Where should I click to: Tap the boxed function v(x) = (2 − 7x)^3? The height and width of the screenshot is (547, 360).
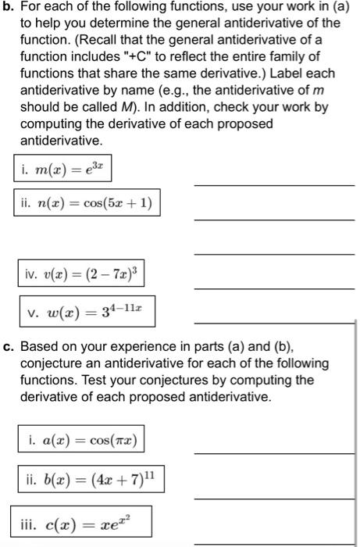(x=80, y=276)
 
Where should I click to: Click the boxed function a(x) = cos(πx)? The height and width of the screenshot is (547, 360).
(x=80, y=441)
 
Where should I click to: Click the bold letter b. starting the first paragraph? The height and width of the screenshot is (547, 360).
(x=8, y=9)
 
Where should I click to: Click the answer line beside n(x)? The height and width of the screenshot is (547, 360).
(x=273, y=220)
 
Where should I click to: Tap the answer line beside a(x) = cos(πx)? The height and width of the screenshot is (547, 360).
(x=273, y=453)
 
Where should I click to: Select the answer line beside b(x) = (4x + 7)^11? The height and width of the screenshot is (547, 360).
(x=273, y=498)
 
